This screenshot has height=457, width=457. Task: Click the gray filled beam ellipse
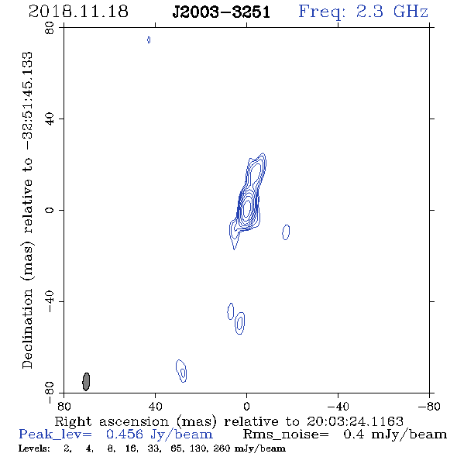point(86,382)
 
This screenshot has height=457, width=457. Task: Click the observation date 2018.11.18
point(78,12)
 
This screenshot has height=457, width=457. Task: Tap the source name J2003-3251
point(222,12)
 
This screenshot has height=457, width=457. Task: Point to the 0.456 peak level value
point(125,435)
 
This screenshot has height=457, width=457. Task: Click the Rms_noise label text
point(286,435)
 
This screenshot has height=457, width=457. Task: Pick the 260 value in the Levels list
point(222,448)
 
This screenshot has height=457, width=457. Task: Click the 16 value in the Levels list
point(131,448)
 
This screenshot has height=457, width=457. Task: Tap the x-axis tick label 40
point(155,407)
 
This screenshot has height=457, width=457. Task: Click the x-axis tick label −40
point(338,407)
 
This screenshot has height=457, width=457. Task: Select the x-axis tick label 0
point(246,407)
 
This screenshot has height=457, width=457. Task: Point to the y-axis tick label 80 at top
point(50,28)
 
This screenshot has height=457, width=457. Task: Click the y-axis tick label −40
point(50,301)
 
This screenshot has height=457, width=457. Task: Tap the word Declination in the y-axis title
point(27,328)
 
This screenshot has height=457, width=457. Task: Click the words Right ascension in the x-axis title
point(112,421)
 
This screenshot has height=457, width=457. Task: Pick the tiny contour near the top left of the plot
point(149,40)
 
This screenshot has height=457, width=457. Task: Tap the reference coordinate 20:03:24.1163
point(355,421)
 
